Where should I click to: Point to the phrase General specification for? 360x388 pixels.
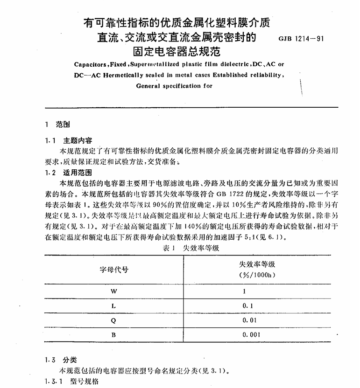coord(174,86)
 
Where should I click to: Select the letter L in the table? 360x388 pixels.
coord(113,305)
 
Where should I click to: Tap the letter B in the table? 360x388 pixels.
coord(113,334)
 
